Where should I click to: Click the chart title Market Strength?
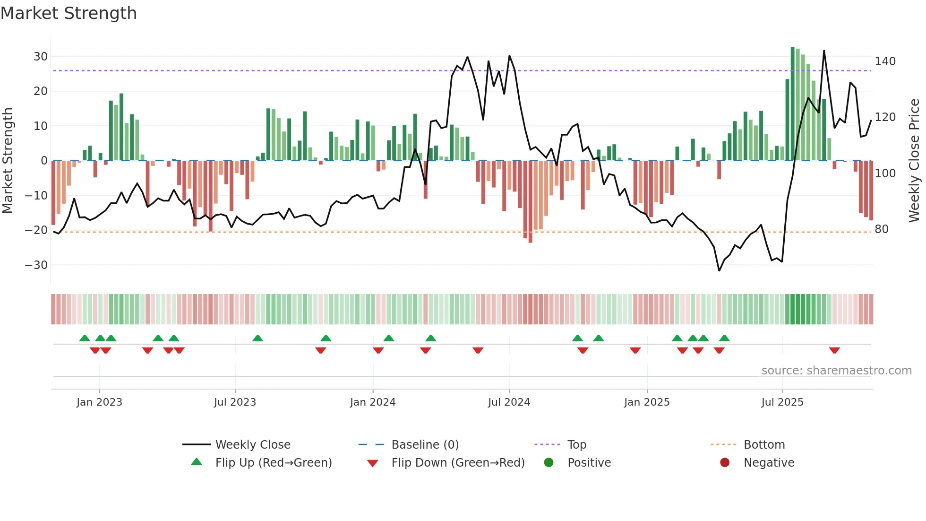(x=69, y=13)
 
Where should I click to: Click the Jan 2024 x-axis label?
(x=373, y=402)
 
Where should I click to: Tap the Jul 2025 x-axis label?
(x=782, y=402)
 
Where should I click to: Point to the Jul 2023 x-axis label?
(x=235, y=402)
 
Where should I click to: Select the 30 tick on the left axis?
(x=41, y=57)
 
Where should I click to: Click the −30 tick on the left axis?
(x=36, y=265)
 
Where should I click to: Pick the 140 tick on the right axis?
(x=885, y=61)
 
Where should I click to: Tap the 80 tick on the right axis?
(x=882, y=229)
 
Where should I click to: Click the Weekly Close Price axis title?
(x=914, y=161)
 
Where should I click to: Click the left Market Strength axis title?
(x=8, y=161)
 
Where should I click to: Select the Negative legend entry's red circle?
(x=725, y=463)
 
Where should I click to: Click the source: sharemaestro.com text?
(x=836, y=371)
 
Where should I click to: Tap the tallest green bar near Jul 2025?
(x=793, y=104)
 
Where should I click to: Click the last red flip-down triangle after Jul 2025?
(x=834, y=350)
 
